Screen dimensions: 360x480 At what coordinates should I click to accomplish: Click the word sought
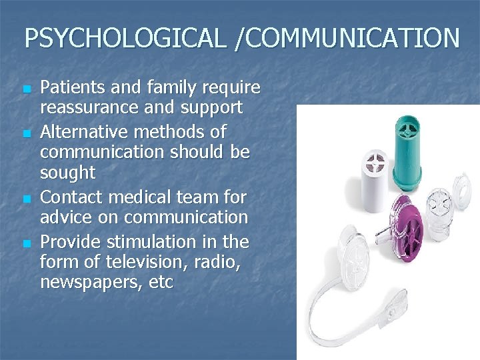(x=67, y=173)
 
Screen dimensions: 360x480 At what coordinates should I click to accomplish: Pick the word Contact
(x=69, y=197)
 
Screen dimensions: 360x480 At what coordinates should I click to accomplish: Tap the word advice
(x=66, y=217)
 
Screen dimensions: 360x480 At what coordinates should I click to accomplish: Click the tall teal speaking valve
(x=410, y=150)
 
